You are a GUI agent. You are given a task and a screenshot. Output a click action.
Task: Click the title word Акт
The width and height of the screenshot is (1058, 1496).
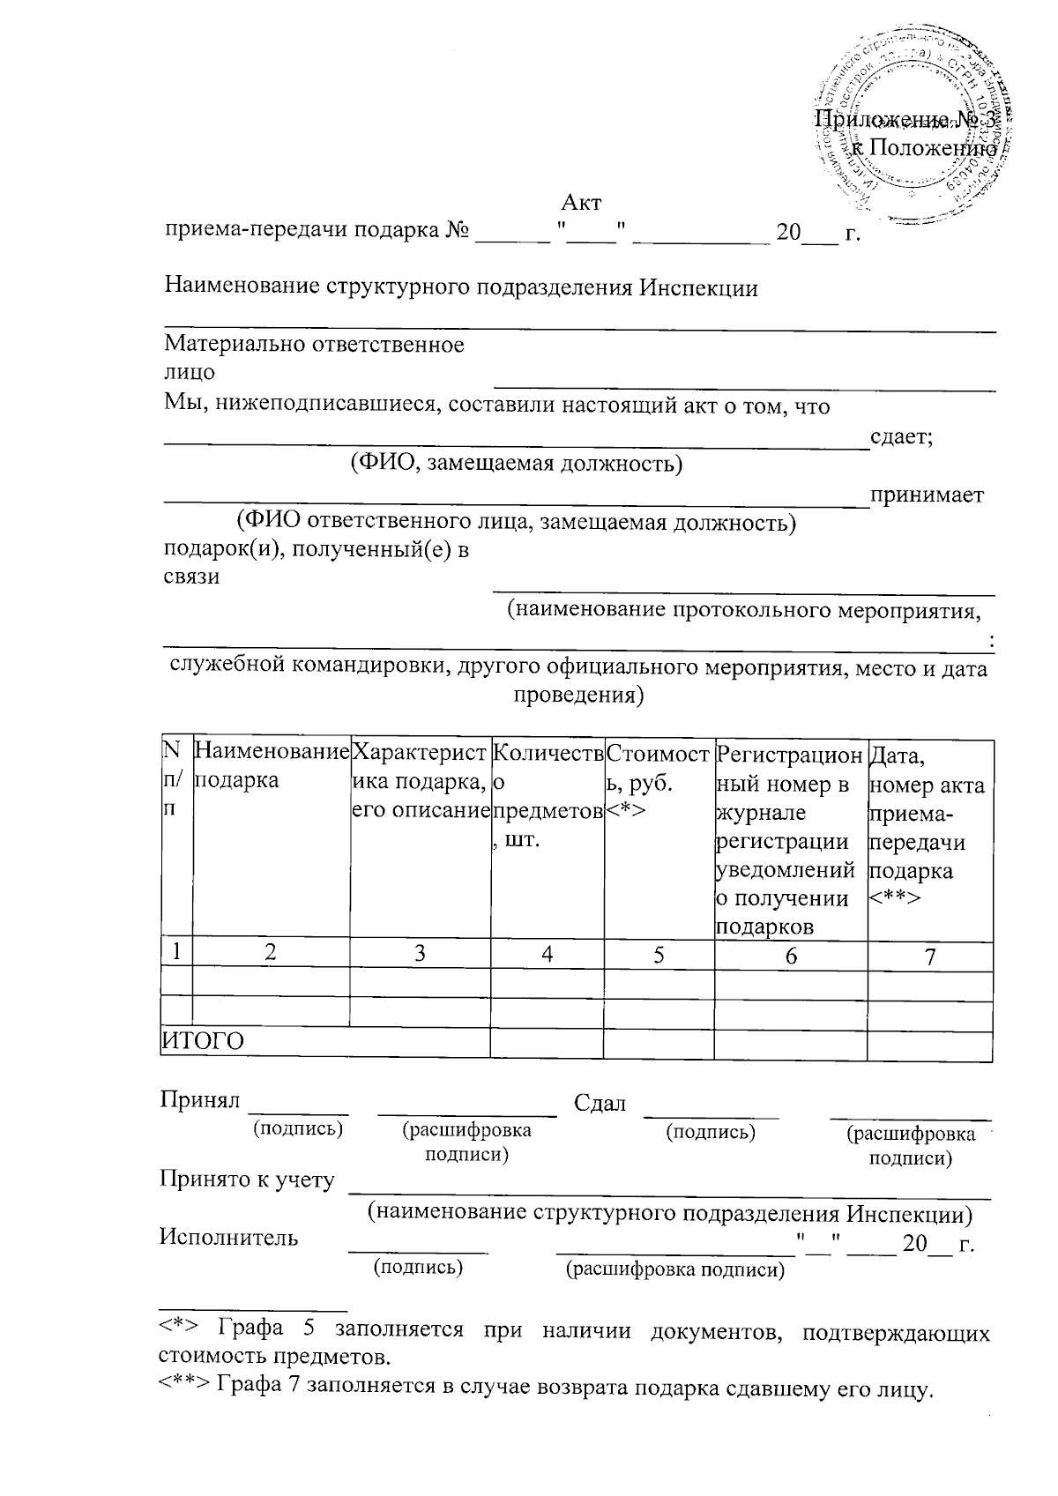[x=581, y=203]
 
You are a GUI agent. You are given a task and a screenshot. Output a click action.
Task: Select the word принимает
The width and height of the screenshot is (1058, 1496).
[x=927, y=495]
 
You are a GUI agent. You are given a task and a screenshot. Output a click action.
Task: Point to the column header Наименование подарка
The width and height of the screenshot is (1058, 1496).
[x=270, y=767]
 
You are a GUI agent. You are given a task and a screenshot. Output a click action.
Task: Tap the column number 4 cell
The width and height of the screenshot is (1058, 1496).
[x=548, y=953]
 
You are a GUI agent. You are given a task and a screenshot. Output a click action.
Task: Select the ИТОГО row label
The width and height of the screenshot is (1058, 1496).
[x=203, y=1041]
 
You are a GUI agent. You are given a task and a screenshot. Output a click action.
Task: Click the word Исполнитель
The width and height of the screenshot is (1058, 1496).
[x=228, y=1237]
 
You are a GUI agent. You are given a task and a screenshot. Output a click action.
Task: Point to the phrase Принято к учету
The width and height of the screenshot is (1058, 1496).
[x=247, y=1180]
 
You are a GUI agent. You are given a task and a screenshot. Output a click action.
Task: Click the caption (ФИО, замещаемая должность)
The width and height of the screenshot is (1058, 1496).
[x=516, y=464]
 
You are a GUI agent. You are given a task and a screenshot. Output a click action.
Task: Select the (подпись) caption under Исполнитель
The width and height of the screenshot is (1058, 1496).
[x=419, y=1267]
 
